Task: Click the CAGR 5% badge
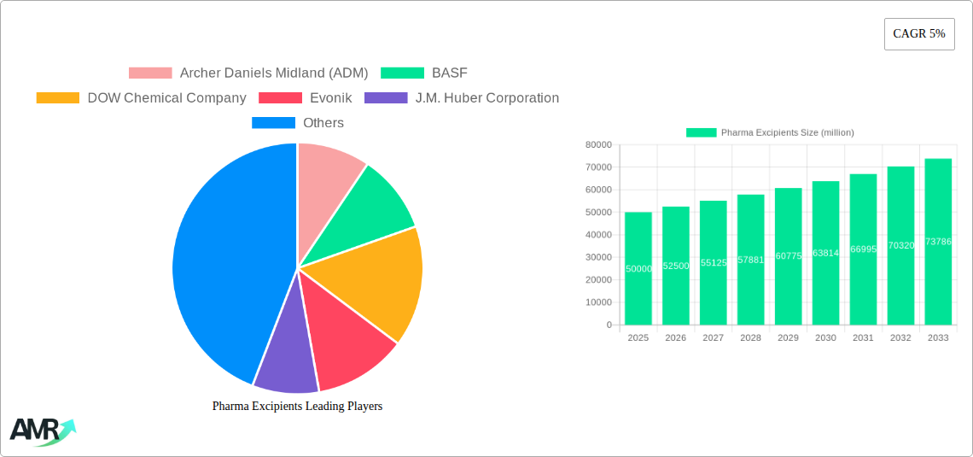click(x=919, y=34)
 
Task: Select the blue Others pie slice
click(x=222, y=265)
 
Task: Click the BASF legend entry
click(x=449, y=73)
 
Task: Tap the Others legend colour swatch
click(x=273, y=123)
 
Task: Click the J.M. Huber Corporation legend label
click(x=486, y=98)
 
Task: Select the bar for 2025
click(x=638, y=268)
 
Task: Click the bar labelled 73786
click(x=938, y=242)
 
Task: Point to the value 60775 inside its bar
click(x=788, y=256)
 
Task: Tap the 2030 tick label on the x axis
click(x=825, y=338)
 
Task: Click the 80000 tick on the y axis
click(x=598, y=145)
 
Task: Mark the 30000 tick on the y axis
click(x=598, y=257)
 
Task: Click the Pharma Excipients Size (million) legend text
click(x=787, y=132)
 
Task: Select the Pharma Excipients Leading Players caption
click(x=297, y=407)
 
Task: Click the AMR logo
click(x=42, y=432)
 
